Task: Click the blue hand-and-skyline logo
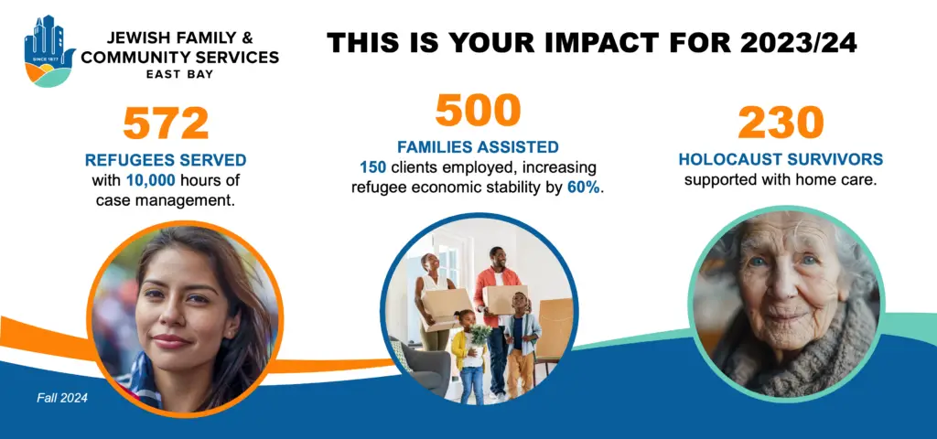(49, 51)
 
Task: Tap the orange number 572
(166, 123)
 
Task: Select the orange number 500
(478, 110)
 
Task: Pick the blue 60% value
(583, 187)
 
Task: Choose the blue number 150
(373, 167)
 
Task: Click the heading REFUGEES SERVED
(166, 160)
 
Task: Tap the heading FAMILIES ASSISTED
(478, 146)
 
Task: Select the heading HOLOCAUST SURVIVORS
(781, 159)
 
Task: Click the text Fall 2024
(62, 398)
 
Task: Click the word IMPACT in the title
(574, 43)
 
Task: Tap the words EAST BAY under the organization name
(179, 75)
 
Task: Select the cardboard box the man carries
(505, 299)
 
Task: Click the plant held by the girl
(479, 337)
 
